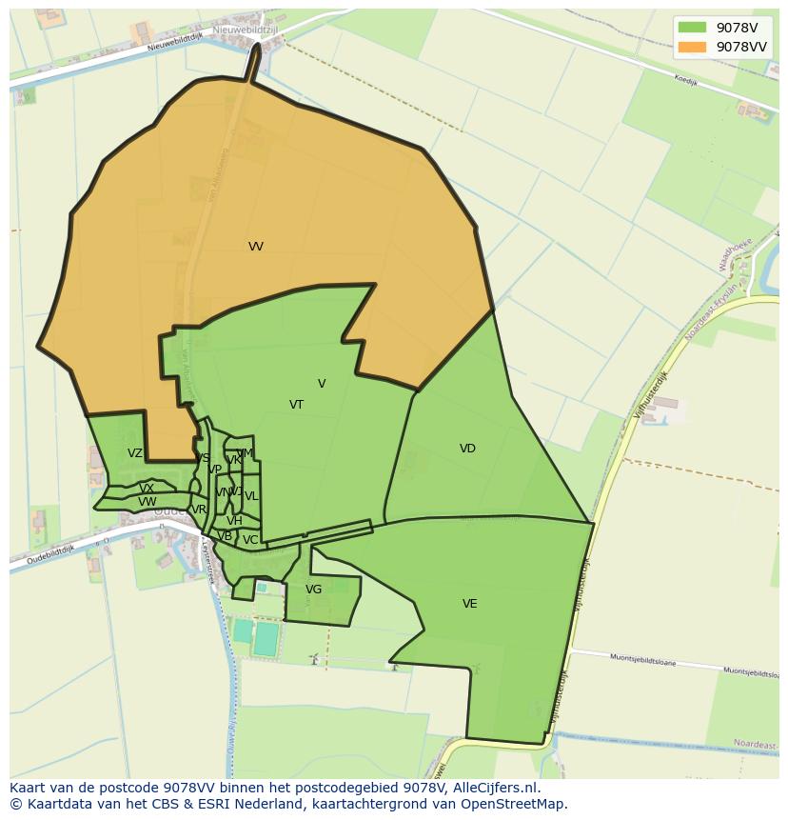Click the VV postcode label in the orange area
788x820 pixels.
point(255,247)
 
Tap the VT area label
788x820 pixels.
point(296,405)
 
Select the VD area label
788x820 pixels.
point(467,449)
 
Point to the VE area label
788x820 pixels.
point(469,604)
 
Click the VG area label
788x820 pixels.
point(313,590)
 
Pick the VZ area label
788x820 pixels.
point(135,453)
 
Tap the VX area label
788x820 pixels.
point(147,489)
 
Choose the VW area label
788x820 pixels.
point(147,502)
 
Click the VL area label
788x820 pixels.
point(251,496)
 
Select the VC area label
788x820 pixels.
point(250,540)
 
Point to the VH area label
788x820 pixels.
point(234,521)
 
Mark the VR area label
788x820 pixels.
point(199,510)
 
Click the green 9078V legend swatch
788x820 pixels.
point(692,28)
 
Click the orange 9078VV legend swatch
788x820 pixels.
point(692,47)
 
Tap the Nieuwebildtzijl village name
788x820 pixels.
point(245,30)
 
